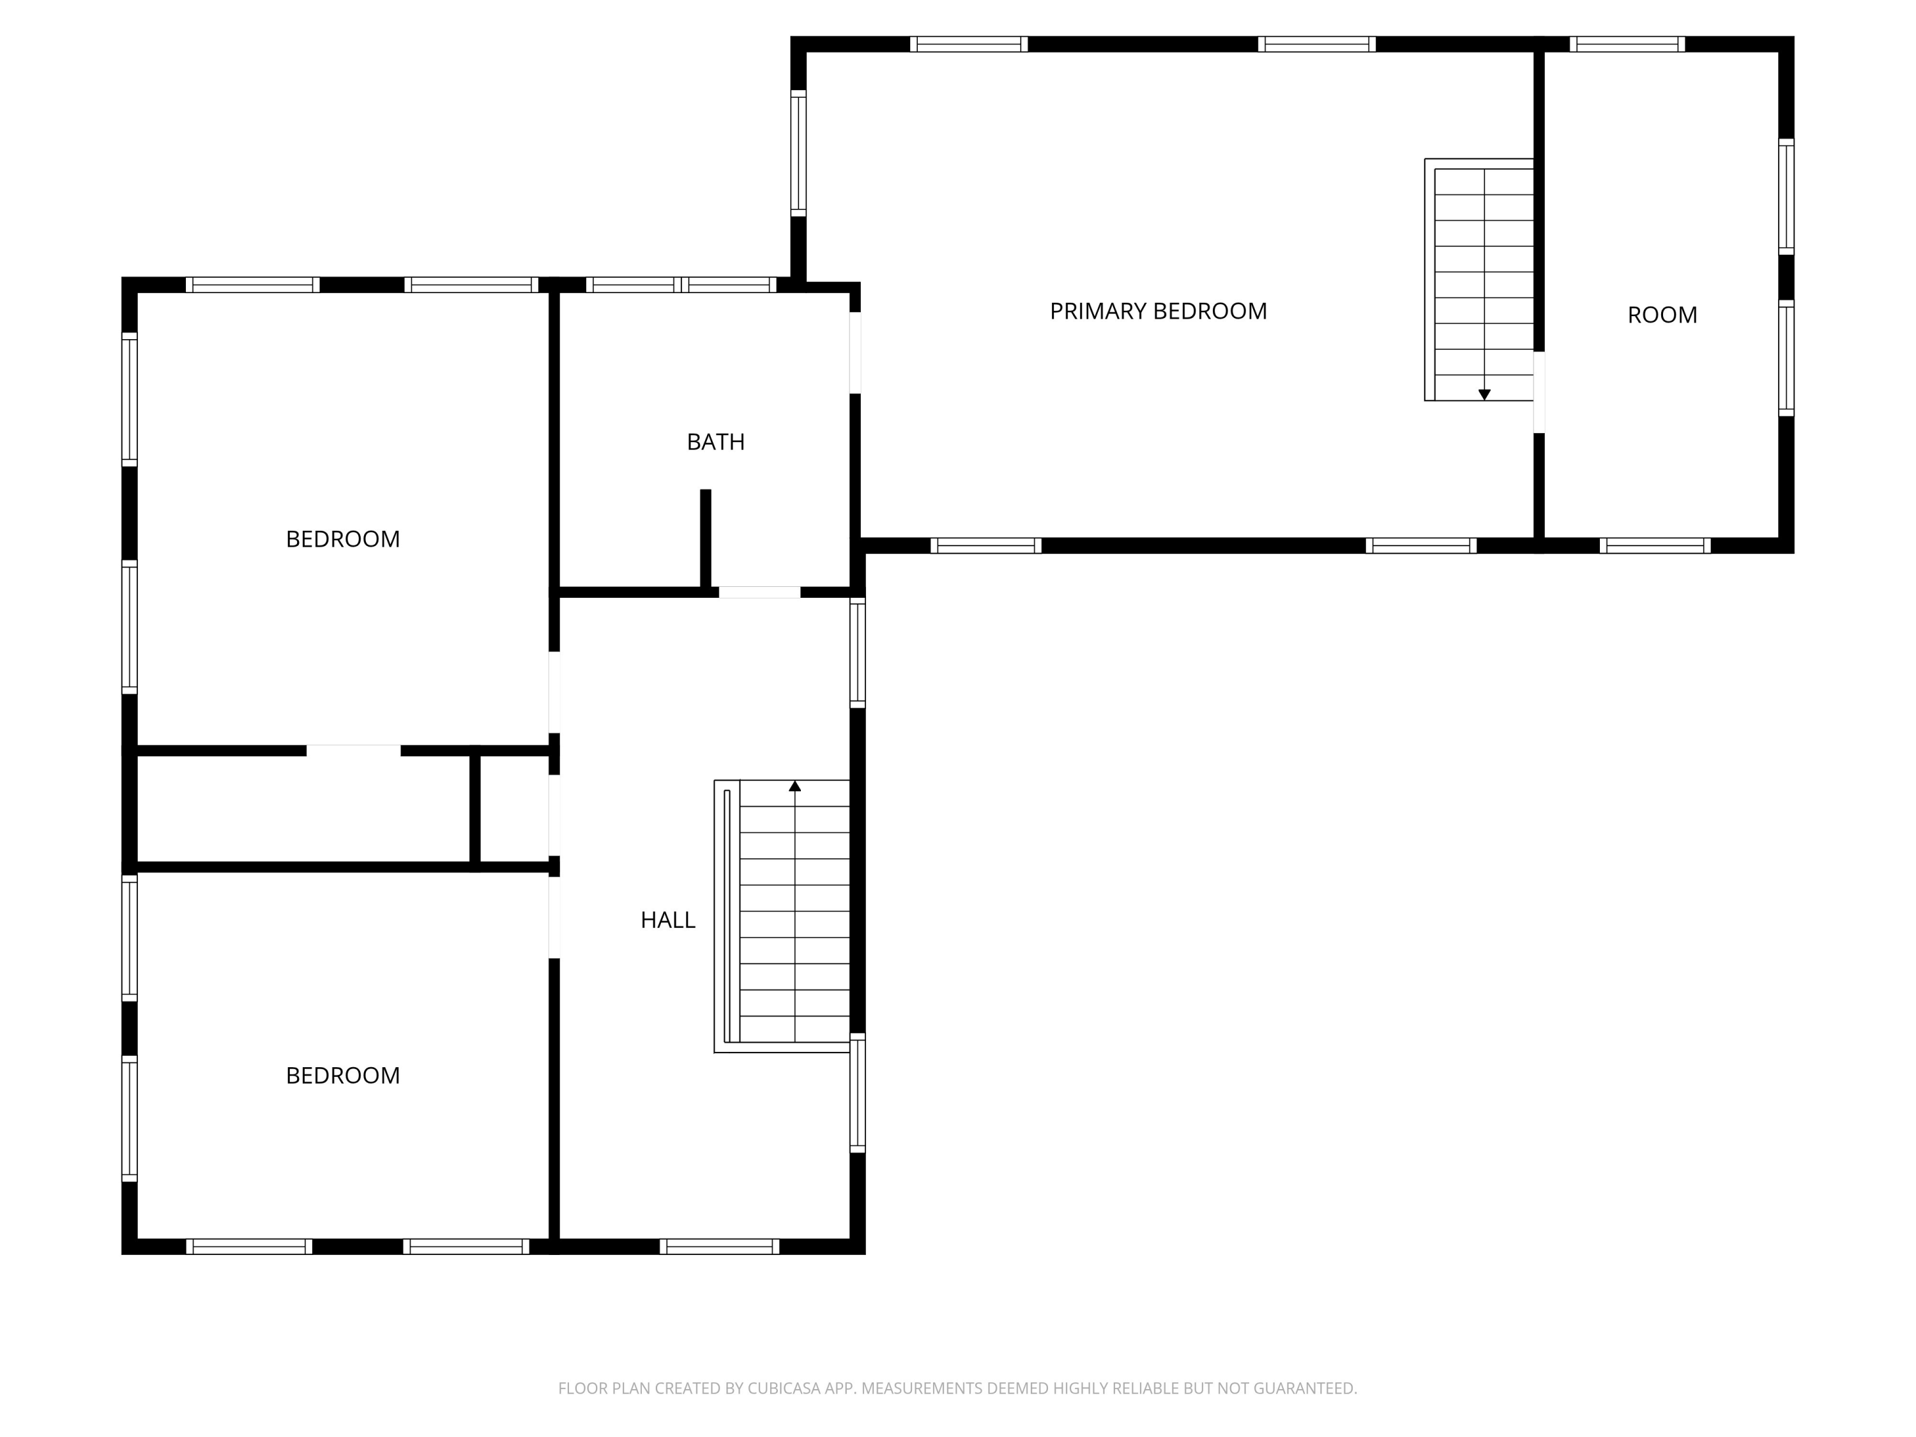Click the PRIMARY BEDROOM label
(1158, 311)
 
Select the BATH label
(715, 442)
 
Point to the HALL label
(668, 920)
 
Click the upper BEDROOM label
(343, 539)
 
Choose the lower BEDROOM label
(343, 1075)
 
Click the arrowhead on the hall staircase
(795, 786)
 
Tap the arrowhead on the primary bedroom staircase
(1484, 395)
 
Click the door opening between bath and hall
(759, 593)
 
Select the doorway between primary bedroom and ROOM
(1539, 392)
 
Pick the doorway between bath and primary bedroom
(855, 353)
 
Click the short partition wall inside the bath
(706, 539)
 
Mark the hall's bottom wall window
(719, 1247)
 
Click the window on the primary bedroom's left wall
(798, 153)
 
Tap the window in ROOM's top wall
(1627, 44)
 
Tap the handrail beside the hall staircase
(727, 916)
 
